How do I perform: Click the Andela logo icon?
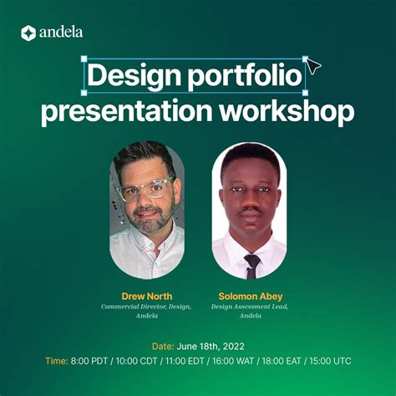coord(28,33)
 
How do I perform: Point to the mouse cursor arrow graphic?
coord(315,68)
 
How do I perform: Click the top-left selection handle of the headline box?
coord(84,59)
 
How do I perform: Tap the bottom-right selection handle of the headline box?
coord(305,92)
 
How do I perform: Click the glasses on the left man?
coord(145,191)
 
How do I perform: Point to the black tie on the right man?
coord(251,265)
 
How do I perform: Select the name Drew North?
coord(146,296)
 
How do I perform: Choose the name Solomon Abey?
coord(249,296)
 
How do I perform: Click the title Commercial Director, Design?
coord(146,307)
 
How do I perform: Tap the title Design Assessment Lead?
coord(249,307)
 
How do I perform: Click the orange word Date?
coord(163,345)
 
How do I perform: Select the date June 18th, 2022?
coord(211,345)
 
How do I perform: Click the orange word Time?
coord(57,361)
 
